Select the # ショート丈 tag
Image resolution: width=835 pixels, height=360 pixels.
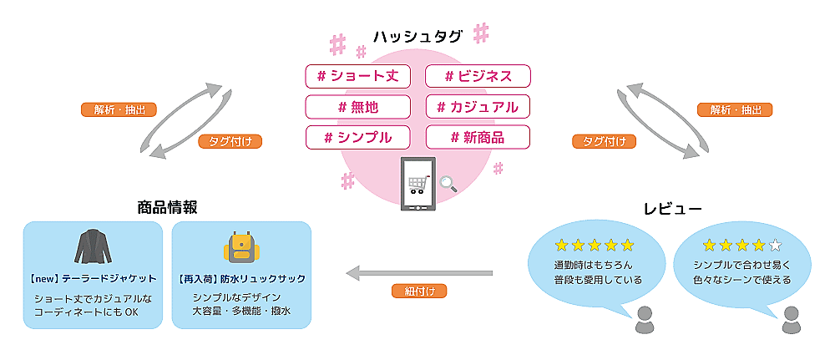pyautogui.click(x=358, y=76)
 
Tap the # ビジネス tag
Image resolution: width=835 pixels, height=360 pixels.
pyautogui.click(x=478, y=76)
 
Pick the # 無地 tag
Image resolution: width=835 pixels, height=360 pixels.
pyautogui.click(x=358, y=107)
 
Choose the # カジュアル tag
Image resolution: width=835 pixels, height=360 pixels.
pyautogui.click(x=478, y=107)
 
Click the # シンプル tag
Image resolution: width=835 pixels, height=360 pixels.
pyautogui.click(x=358, y=137)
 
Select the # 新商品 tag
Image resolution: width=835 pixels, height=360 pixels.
pyautogui.click(x=478, y=137)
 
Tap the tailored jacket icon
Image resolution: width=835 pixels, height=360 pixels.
pyautogui.click(x=94, y=247)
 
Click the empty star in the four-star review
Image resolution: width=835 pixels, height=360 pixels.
pyautogui.click(x=775, y=245)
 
